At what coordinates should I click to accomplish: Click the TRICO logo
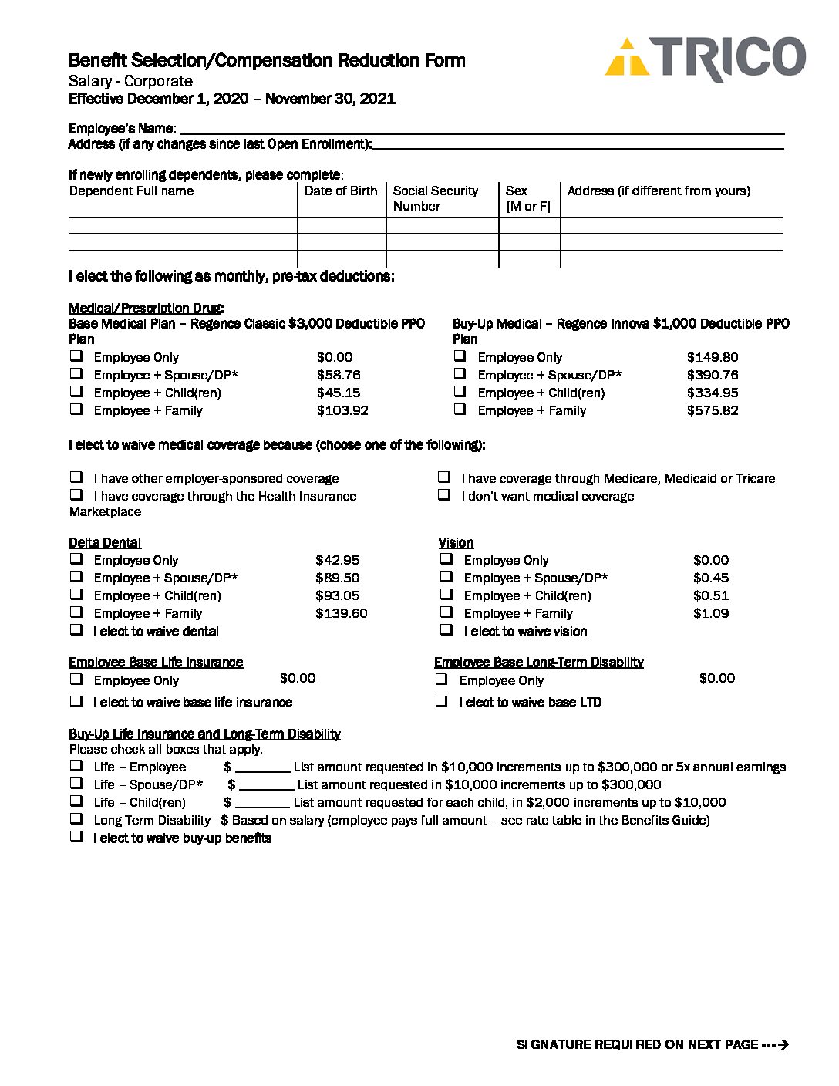coord(705,59)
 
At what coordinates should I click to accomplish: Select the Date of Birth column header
coord(341,191)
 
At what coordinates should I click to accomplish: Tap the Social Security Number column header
coord(435,198)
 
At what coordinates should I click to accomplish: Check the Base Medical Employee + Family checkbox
coord(76,410)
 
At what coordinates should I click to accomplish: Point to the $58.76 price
coord(339,376)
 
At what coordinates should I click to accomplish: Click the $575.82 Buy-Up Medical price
coord(713,411)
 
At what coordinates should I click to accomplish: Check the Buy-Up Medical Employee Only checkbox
coord(460,356)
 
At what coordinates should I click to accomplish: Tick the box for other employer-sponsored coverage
coord(76,477)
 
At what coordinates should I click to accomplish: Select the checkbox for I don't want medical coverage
coord(444,495)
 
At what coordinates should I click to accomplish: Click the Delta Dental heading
coord(105,543)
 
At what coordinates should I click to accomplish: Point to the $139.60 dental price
coord(341,614)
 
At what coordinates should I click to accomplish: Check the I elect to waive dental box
coord(76,630)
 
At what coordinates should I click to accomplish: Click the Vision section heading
coord(456,543)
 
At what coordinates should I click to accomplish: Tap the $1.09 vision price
coord(710,614)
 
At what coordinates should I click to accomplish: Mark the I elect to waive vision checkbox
coord(446,630)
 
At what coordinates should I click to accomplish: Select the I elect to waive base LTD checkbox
coord(442,701)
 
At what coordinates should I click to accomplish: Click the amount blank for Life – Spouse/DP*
coord(266,785)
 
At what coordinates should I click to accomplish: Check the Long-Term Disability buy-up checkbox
coord(76,819)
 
